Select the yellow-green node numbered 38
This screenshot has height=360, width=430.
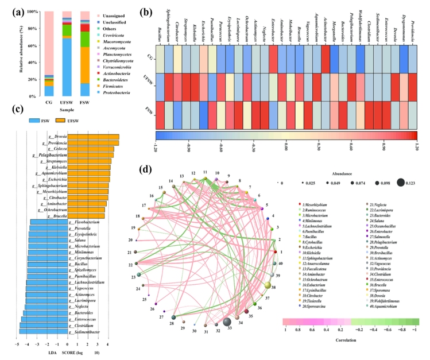(267, 285)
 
